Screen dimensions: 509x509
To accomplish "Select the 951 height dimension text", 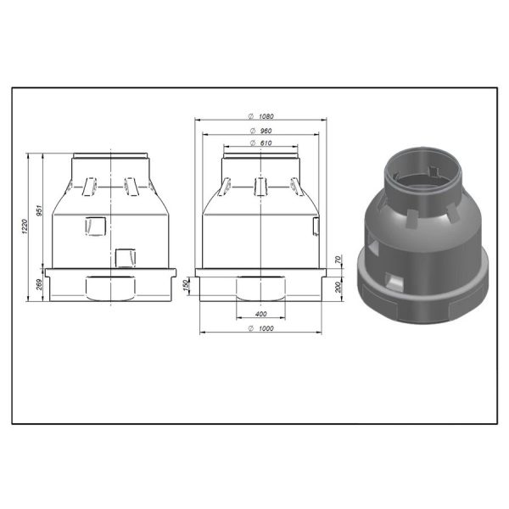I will [38, 210].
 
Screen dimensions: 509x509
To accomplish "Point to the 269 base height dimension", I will [38, 283].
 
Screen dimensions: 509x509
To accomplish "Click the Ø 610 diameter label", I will [260, 143].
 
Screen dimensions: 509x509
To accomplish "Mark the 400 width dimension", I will [260, 313].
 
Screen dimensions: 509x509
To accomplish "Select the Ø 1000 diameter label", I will [260, 328].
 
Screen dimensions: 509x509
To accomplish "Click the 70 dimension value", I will [338, 259].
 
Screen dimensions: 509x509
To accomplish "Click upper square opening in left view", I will [97, 224].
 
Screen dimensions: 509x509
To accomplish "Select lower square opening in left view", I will [126, 256].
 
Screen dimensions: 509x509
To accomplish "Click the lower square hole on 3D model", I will [392, 278].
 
